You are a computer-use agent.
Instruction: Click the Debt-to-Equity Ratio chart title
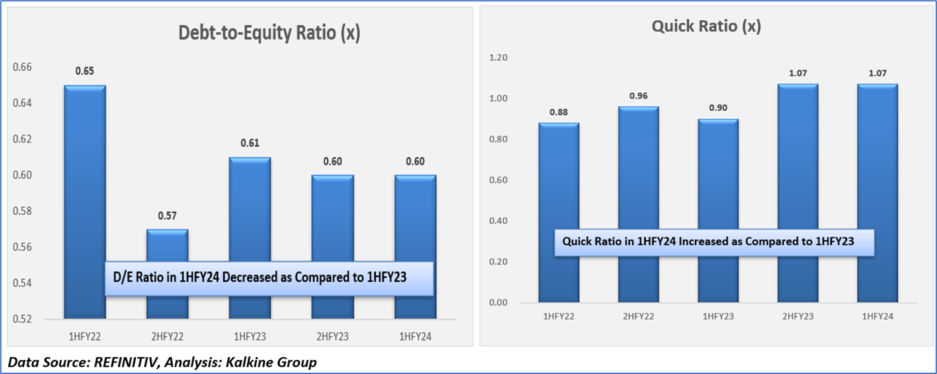tap(269, 34)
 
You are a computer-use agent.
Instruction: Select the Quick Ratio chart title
tap(706, 27)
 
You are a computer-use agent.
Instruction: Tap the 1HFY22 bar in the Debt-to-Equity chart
tap(85, 194)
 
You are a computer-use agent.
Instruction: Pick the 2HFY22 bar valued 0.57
tap(167, 246)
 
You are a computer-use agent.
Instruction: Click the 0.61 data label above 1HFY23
tap(250, 143)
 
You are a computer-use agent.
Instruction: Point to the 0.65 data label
tap(85, 71)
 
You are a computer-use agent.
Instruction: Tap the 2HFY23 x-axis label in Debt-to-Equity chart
tap(332, 337)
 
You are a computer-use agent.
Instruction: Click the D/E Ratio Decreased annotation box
tap(269, 278)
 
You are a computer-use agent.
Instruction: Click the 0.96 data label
tap(639, 96)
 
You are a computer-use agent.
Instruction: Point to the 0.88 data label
tap(559, 112)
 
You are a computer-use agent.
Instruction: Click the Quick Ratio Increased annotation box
tap(714, 241)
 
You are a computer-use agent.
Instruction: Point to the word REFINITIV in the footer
tap(120, 362)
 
